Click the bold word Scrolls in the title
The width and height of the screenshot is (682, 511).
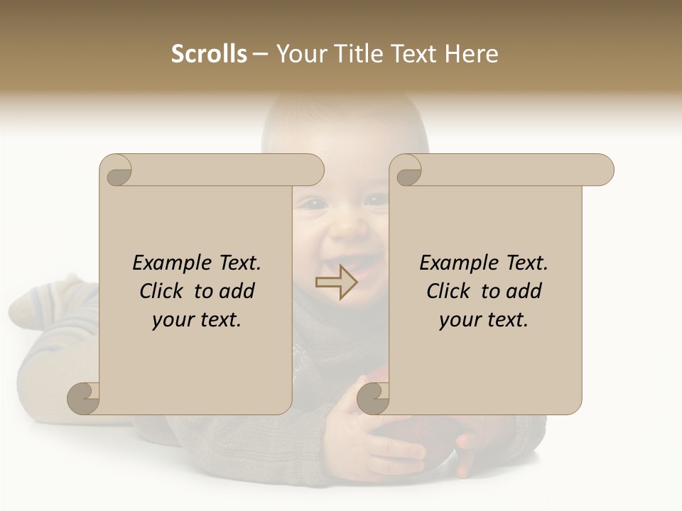(209, 54)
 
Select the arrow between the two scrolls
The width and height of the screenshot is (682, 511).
(336, 282)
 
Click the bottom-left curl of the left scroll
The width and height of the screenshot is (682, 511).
(83, 399)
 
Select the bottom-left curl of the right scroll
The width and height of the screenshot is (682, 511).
(372, 399)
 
